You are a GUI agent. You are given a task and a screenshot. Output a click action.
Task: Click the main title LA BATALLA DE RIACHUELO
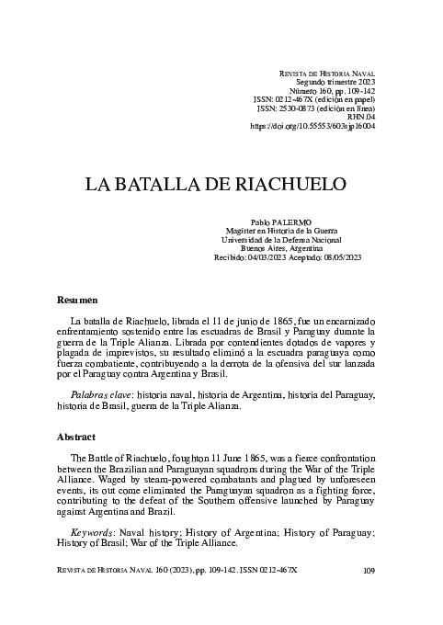(215, 183)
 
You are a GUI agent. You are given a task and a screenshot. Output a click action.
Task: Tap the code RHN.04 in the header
(359, 115)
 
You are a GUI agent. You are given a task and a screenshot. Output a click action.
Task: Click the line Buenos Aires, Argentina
(288, 249)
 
